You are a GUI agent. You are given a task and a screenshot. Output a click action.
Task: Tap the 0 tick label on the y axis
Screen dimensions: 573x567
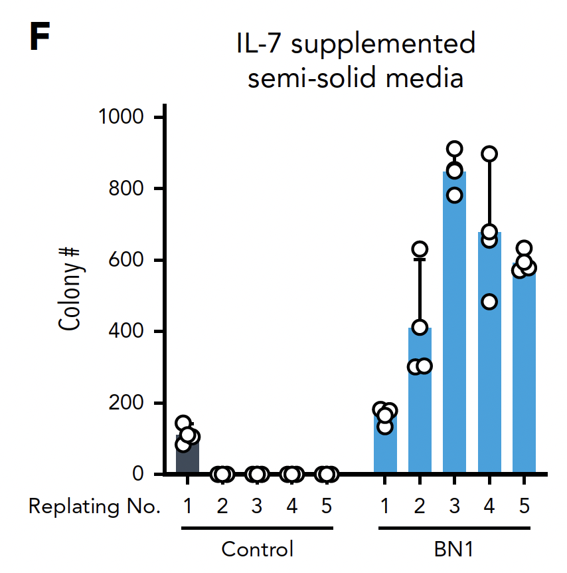[x=138, y=474]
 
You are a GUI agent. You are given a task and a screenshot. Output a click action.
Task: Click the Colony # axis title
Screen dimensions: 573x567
[x=69, y=289]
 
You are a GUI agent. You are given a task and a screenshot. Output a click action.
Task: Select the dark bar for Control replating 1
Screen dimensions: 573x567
[x=187, y=459]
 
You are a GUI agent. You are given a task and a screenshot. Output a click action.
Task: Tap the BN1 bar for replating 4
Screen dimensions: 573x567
[x=489, y=386]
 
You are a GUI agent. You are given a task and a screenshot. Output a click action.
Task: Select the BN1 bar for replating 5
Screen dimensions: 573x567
[x=524, y=432]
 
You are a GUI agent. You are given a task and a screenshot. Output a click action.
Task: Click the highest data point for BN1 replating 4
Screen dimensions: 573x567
[x=489, y=154]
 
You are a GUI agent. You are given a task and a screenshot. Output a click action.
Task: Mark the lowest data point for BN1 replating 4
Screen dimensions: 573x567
[x=489, y=302]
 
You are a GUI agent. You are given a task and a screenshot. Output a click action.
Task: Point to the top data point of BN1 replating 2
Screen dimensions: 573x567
[x=420, y=249]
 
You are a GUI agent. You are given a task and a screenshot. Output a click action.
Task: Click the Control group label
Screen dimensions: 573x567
[x=257, y=550]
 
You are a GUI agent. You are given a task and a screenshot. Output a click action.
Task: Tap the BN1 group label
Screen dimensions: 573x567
[x=454, y=550]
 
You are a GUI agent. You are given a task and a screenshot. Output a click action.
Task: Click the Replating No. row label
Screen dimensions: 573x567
[x=94, y=507]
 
